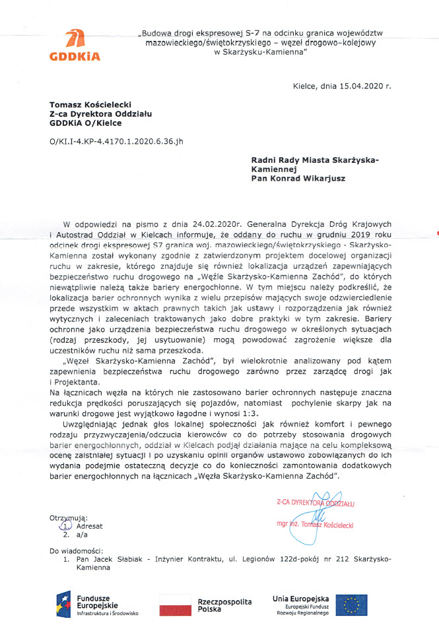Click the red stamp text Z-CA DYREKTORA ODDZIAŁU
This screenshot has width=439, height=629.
[316, 503]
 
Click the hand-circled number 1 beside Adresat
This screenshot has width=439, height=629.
[65, 526]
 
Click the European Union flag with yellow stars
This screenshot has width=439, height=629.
[352, 605]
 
